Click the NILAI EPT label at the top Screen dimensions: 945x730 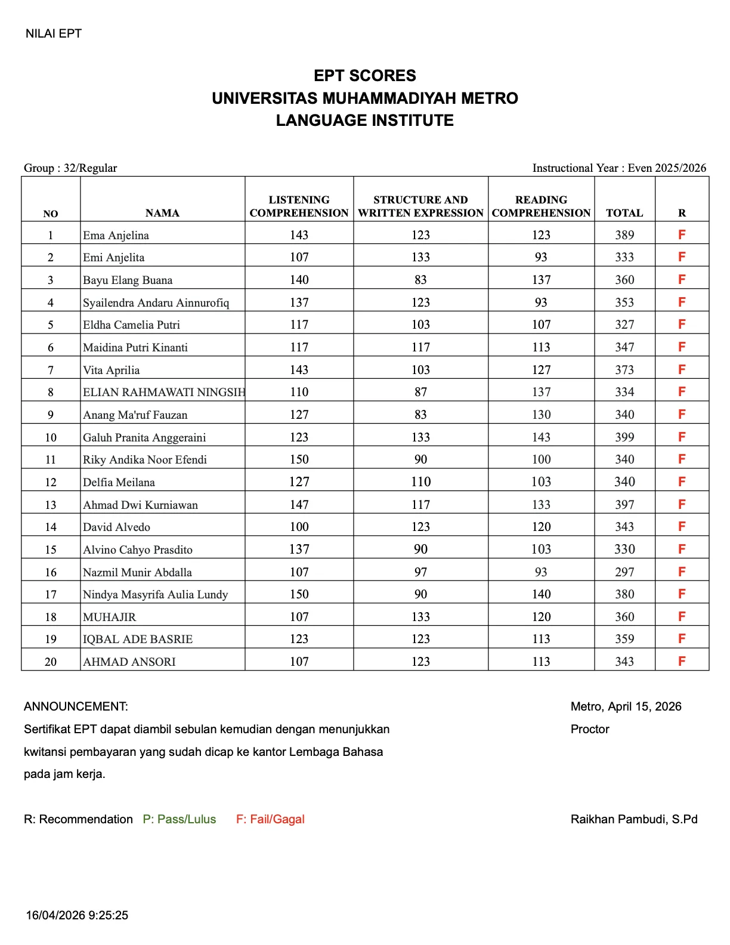[x=53, y=33]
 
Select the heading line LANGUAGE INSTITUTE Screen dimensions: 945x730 [x=364, y=121]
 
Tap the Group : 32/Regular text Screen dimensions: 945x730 [x=70, y=168]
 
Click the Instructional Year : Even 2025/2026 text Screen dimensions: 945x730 [x=619, y=168]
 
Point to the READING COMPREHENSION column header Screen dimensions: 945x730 [x=541, y=206]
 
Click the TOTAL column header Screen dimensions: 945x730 [x=624, y=213]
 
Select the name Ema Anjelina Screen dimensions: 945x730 [x=116, y=235]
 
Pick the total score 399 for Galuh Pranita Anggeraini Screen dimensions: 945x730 [x=624, y=437]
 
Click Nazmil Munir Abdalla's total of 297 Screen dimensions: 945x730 [x=624, y=572]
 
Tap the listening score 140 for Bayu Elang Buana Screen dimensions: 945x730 [x=299, y=280]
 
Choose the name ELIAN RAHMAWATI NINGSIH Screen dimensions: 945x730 [x=163, y=392]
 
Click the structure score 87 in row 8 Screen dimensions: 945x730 [x=420, y=392]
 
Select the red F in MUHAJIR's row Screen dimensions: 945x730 [x=682, y=616]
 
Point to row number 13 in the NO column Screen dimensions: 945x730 [x=51, y=505]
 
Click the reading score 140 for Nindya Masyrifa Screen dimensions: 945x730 [x=541, y=594]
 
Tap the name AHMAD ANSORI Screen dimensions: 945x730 [x=129, y=662]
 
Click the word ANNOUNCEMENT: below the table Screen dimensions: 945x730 [x=76, y=706]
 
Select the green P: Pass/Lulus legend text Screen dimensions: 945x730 [x=179, y=819]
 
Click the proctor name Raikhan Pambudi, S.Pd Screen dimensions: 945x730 [x=633, y=819]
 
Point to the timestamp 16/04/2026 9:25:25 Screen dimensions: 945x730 [x=77, y=915]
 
